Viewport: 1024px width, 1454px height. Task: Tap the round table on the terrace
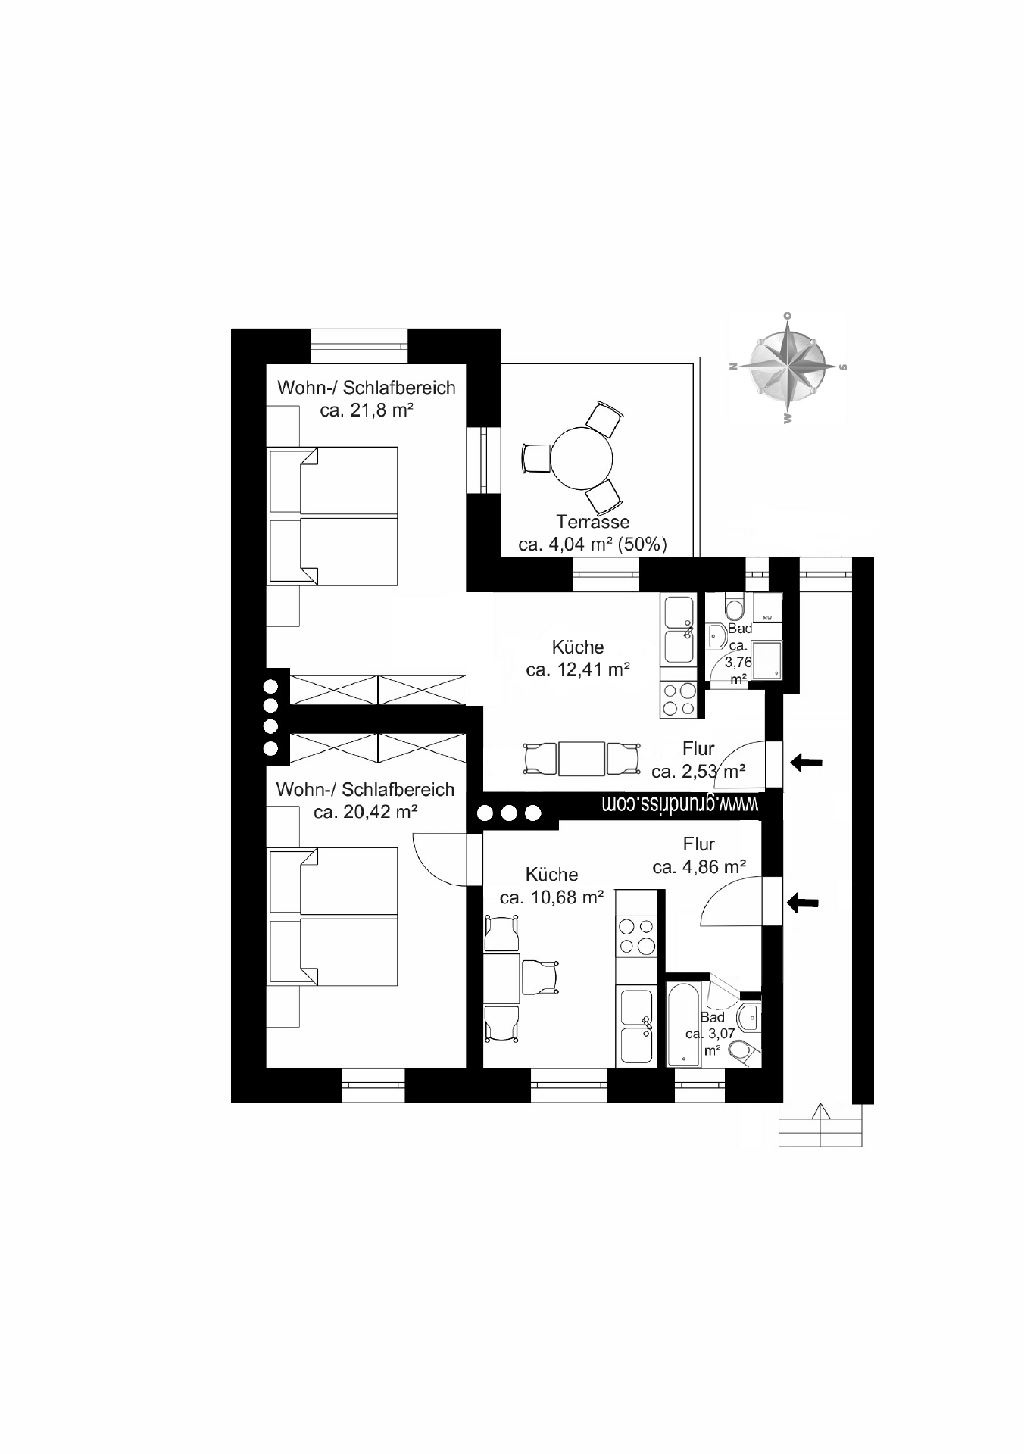pos(581,459)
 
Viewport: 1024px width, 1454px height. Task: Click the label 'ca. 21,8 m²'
pos(366,411)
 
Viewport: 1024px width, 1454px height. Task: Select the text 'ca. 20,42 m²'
pos(366,812)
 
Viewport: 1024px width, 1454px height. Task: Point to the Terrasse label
pos(592,522)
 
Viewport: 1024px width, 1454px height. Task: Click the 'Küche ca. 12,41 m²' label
pos(578,658)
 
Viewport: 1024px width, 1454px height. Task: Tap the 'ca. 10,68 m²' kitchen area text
pos(551,897)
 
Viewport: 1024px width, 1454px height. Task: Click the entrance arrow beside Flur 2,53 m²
pos(807,763)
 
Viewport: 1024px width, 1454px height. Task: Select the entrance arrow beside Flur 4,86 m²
pos(804,901)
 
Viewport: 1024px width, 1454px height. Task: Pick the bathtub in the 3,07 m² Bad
pos(683,1025)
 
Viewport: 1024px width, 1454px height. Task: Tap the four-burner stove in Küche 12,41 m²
pos(679,699)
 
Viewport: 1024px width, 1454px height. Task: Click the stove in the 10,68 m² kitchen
pos(636,936)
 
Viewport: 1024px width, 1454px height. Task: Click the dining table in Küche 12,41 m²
pos(581,759)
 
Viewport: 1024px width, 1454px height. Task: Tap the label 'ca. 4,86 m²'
pos(699,866)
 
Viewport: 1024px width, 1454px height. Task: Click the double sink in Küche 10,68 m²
pos(636,1027)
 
